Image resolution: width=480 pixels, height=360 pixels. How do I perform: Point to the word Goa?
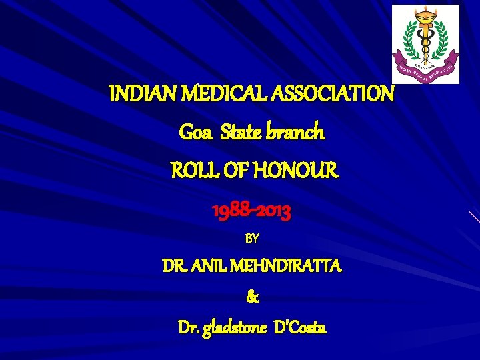[193, 133]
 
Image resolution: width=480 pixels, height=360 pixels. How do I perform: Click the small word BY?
[253, 238]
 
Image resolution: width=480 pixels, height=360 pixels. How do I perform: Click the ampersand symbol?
[253, 298]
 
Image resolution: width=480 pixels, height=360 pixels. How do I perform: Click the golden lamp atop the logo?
[425, 14]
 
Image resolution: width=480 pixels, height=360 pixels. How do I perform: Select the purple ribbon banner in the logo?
[425, 71]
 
